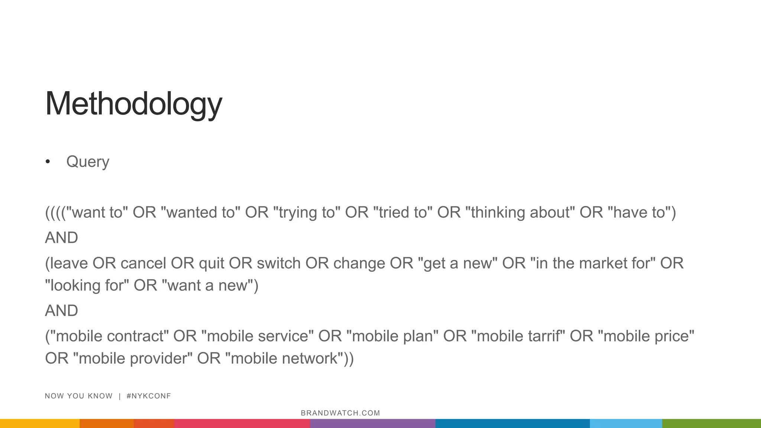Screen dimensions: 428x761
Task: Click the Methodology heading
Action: click(x=133, y=104)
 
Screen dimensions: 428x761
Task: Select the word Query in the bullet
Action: click(x=88, y=162)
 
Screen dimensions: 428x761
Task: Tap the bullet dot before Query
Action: click(x=48, y=162)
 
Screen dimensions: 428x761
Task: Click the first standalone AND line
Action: click(x=61, y=238)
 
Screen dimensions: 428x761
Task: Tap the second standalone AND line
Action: click(x=61, y=311)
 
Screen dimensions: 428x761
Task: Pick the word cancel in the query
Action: click(x=143, y=263)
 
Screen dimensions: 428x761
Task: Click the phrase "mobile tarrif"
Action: click(x=518, y=336)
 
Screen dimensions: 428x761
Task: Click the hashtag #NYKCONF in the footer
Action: click(x=149, y=396)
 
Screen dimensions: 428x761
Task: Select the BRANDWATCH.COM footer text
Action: click(x=340, y=413)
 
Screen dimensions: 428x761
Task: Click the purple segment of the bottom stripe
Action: click(x=372, y=424)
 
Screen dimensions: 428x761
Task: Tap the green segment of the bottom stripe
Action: click(x=711, y=424)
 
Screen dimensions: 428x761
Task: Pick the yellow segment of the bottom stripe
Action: click(x=39, y=424)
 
